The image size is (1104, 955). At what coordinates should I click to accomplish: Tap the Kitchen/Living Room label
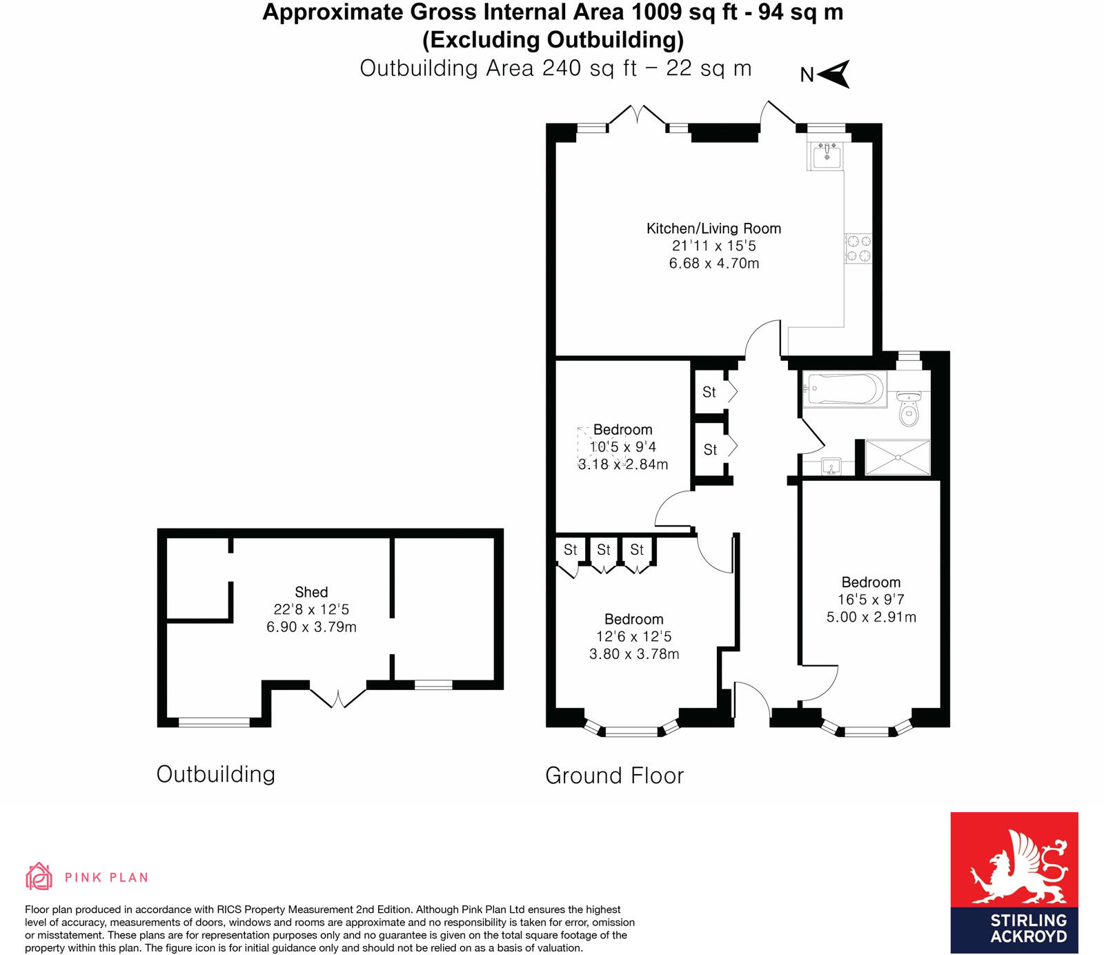point(713,228)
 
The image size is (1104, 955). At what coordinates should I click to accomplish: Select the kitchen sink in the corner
point(826,156)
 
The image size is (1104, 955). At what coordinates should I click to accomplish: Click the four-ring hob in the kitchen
point(859,248)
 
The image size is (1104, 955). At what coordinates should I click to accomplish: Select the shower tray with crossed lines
point(897,457)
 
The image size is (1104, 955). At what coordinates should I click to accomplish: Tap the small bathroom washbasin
point(831,467)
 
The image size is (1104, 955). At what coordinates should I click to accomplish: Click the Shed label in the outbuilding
point(311,592)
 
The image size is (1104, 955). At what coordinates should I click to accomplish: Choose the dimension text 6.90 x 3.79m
point(311,627)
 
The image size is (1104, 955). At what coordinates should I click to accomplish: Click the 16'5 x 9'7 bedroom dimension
point(871,600)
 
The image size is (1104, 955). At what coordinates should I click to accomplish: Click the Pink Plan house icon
point(39,876)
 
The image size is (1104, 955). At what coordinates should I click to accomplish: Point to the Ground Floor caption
point(614,776)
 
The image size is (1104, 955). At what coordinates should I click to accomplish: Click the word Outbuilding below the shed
point(215,774)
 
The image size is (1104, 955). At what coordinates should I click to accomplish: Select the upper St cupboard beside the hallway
point(709,392)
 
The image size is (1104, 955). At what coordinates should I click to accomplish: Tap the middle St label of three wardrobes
point(604,550)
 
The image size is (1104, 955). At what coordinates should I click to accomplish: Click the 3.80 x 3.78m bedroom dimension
point(634,654)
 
